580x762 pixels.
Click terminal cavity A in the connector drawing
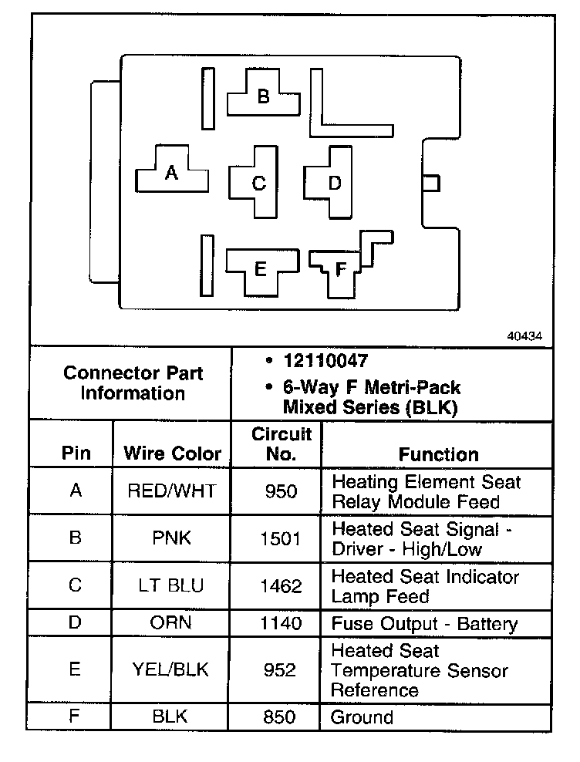[172, 174]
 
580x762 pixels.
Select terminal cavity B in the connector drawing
[263, 96]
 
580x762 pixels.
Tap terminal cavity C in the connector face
[258, 183]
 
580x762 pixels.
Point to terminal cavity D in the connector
[334, 183]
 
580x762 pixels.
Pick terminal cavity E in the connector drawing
[260, 269]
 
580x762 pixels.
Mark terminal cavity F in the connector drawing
[341, 269]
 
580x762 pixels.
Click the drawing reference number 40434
[525, 336]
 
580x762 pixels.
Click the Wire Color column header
[172, 453]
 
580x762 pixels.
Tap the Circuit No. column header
[281, 443]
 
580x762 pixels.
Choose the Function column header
[438, 454]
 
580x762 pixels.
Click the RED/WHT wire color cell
[172, 491]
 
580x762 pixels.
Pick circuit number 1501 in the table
[281, 538]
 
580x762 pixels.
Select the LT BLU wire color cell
[172, 585]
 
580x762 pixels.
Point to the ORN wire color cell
[172, 623]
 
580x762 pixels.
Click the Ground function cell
[362, 717]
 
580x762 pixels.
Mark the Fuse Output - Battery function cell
[424, 623]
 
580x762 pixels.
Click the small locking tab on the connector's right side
[431, 183]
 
